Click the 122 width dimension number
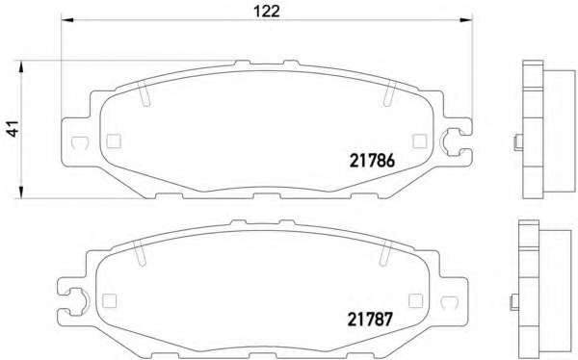coord(267,11)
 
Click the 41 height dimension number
coord(13,129)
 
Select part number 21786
coord(372,161)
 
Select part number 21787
coord(370,320)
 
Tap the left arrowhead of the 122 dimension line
coord(67,19)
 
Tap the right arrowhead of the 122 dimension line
coord(465,19)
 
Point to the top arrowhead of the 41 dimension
coord(21,67)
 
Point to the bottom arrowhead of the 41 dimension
coord(21,192)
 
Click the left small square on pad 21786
coord(114,141)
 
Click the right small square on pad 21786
coord(420,141)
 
